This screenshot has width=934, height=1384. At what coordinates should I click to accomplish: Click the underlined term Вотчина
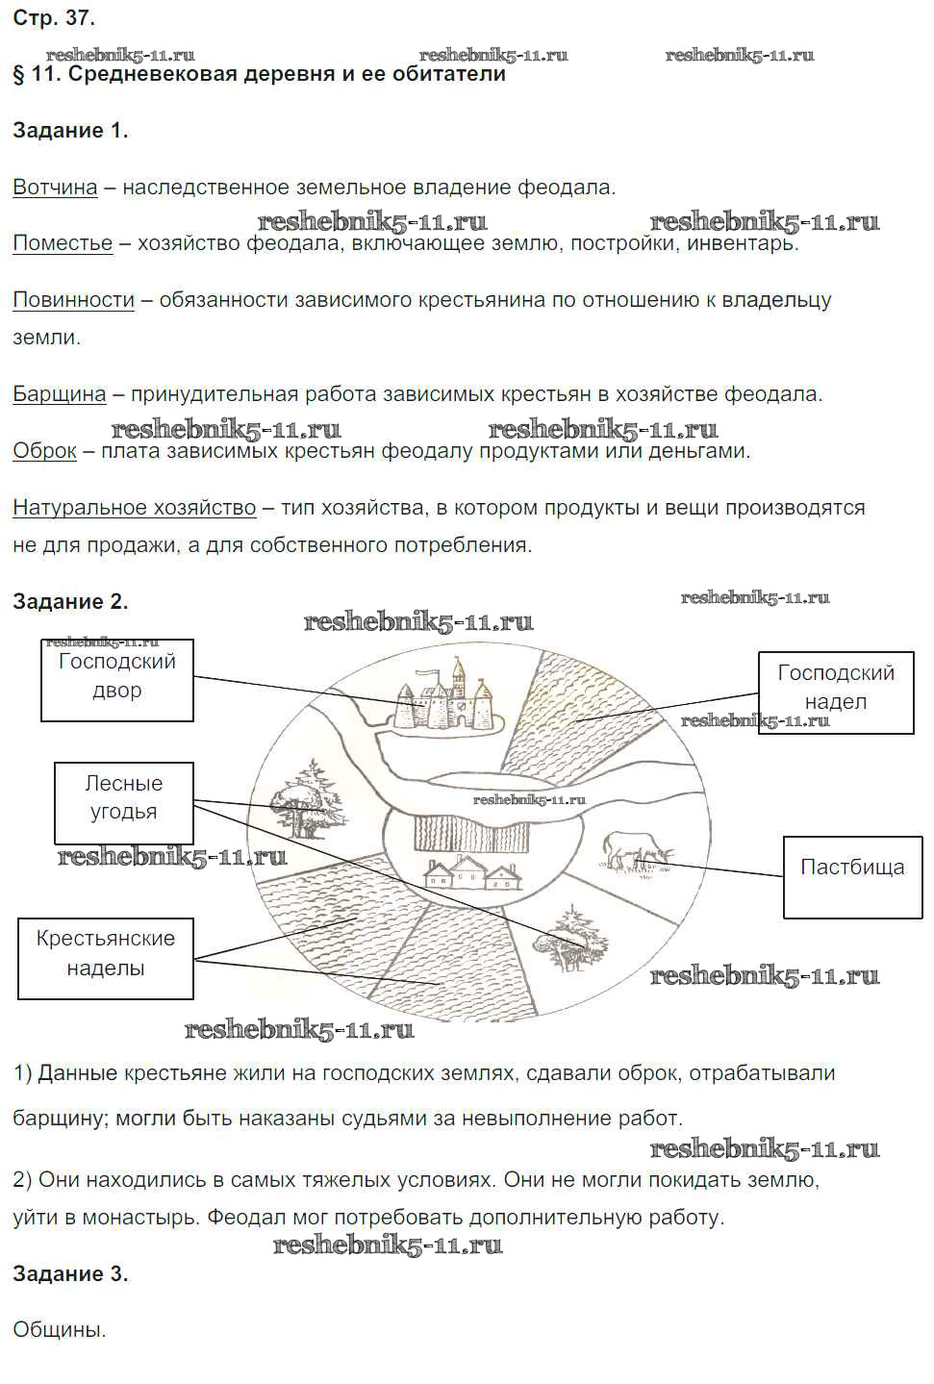(x=55, y=188)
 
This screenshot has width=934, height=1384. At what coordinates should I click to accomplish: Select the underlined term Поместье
(x=63, y=243)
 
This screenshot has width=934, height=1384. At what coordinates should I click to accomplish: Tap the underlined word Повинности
(x=73, y=300)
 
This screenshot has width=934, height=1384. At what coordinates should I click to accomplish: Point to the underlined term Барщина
(x=59, y=394)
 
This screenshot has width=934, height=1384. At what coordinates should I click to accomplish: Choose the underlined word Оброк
(x=44, y=451)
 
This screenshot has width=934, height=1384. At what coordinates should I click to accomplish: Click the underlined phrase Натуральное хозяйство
(x=134, y=508)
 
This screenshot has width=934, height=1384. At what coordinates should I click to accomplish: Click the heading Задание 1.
(x=70, y=131)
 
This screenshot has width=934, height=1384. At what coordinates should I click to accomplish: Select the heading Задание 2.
(x=70, y=602)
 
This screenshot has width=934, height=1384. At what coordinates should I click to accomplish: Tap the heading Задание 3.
(x=70, y=1274)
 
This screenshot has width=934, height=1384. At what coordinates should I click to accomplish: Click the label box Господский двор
(x=116, y=680)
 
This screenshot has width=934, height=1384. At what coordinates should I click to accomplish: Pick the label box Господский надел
(x=835, y=692)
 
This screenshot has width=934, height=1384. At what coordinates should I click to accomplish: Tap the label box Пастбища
(x=851, y=876)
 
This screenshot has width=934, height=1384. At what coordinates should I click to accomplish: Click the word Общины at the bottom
(x=59, y=1331)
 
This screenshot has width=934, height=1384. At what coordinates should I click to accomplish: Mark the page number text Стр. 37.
(x=54, y=18)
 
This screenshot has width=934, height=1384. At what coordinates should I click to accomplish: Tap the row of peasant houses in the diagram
(x=471, y=873)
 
